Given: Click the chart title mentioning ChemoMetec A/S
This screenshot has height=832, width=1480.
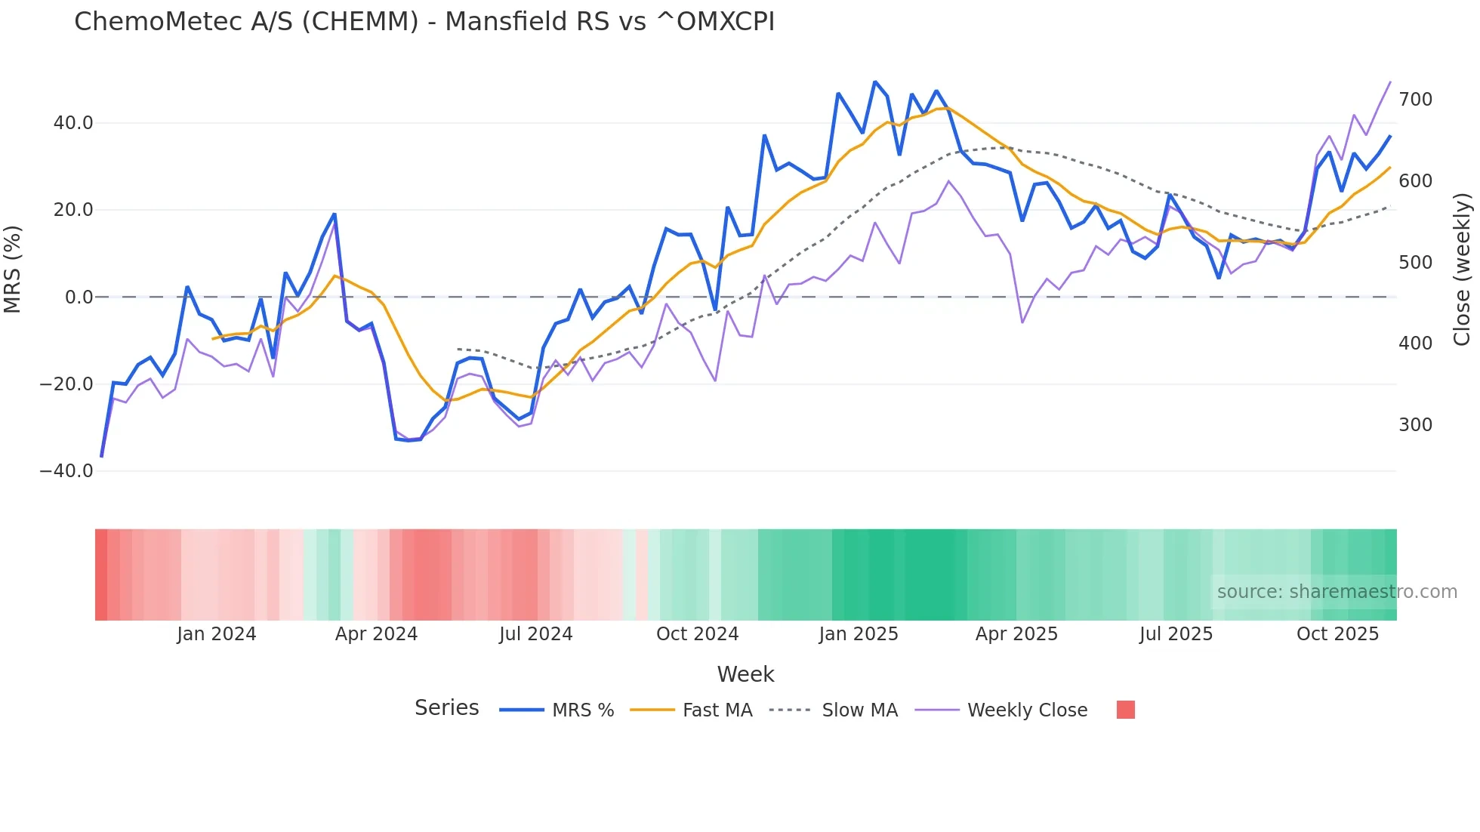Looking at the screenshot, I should (424, 22).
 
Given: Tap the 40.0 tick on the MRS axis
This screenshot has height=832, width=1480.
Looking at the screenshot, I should (72, 123).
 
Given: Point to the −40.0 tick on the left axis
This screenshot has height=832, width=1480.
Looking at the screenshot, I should (66, 471).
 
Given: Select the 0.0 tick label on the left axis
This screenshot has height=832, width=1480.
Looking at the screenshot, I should (79, 297).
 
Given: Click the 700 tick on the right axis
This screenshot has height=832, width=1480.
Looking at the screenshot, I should (1415, 100).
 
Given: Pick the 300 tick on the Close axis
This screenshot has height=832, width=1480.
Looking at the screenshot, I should (1415, 425).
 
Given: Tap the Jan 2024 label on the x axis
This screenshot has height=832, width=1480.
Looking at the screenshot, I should (217, 634).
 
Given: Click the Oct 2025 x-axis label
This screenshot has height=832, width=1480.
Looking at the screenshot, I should (1337, 634).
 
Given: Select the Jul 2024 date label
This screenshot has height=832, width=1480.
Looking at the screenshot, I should (535, 634).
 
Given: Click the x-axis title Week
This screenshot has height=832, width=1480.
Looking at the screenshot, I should (745, 674).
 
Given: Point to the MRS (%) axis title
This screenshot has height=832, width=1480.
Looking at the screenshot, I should (13, 270).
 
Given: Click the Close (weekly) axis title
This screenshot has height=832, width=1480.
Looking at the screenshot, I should (1463, 270).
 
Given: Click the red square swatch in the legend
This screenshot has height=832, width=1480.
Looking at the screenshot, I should (1125, 710).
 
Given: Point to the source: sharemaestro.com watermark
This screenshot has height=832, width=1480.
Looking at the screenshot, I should (1337, 592).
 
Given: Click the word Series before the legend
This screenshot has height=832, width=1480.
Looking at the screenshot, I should (446, 708).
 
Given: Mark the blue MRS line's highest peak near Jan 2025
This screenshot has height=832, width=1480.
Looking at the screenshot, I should (874, 82).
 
